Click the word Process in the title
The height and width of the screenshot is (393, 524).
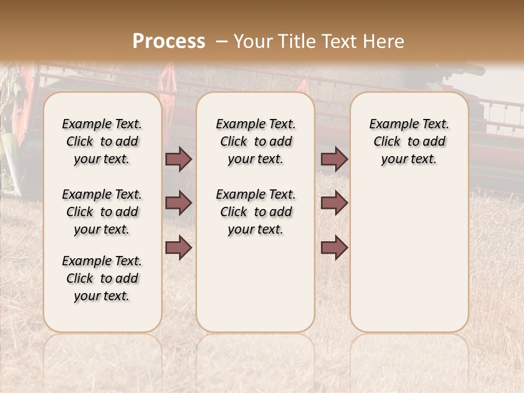[x=169, y=41]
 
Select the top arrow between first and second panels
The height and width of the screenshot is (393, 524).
[x=178, y=159]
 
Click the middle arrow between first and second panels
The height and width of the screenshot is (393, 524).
[x=178, y=203]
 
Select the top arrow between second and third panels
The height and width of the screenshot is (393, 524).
[x=334, y=159]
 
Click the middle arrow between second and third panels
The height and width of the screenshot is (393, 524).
[x=334, y=203]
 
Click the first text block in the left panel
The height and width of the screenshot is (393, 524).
[x=102, y=141]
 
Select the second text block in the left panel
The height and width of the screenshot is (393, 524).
[x=102, y=212]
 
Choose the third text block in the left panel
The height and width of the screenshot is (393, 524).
[x=102, y=278]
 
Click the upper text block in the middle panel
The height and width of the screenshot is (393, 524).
[x=255, y=141]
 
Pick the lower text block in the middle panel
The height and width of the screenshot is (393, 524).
[x=255, y=212]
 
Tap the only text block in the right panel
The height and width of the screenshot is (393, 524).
[x=409, y=141]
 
